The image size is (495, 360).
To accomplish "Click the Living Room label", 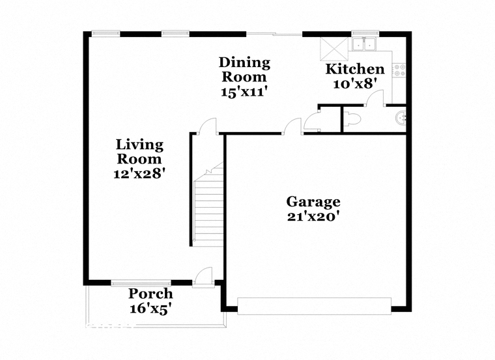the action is (139, 152).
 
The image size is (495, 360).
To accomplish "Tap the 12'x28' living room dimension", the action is (139, 174).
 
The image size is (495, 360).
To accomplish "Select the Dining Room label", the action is (245, 70).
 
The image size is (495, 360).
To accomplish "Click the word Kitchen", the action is (355, 69).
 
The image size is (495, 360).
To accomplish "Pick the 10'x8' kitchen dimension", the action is (356, 84).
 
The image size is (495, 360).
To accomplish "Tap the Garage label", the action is (313, 202).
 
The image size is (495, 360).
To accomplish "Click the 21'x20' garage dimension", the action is (313, 216).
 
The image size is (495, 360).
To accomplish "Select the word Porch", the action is (150, 294).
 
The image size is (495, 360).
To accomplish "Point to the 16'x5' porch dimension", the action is (150, 309).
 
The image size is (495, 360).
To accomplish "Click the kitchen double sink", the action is (364, 44).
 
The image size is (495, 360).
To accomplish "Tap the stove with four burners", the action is (399, 70).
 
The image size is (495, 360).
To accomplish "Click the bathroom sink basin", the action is (401, 118).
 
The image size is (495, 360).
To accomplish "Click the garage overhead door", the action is (315, 306).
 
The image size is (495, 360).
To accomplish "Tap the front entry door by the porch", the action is (204, 277).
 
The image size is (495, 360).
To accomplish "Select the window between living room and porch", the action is (141, 283).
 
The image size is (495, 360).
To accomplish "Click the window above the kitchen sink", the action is (365, 33).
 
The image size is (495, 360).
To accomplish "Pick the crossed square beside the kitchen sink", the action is (334, 49).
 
